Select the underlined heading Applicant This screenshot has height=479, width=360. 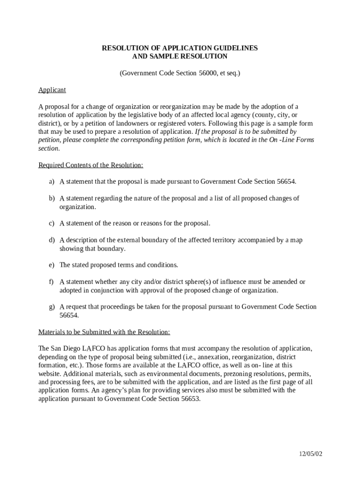click(52, 90)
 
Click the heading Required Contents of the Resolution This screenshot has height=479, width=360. click(91, 165)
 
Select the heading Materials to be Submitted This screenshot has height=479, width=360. click(104, 332)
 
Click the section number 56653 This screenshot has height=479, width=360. click(189, 399)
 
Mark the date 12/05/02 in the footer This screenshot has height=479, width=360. click(311, 454)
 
